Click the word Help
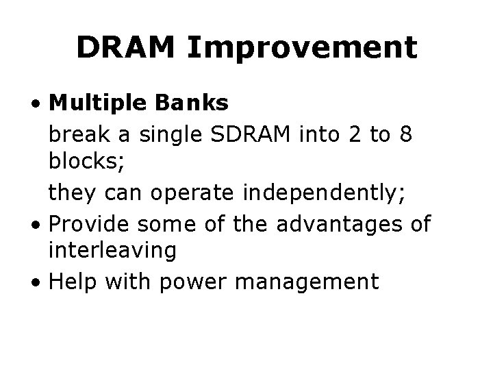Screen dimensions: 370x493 69,281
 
